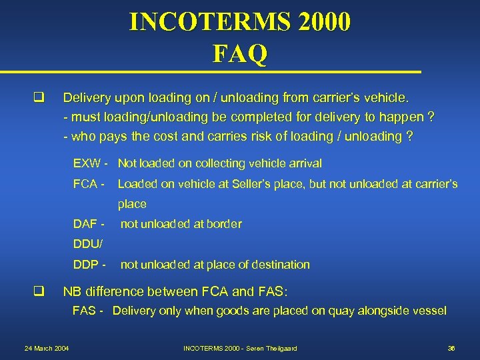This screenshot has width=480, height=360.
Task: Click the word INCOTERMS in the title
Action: [x=206, y=22]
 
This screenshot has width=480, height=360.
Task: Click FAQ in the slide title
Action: [x=240, y=53]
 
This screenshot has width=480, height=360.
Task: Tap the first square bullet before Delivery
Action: [x=38, y=98]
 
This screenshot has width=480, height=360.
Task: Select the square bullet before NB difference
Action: [x=38, y=290]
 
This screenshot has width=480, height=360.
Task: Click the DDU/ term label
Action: [x=87, y=244]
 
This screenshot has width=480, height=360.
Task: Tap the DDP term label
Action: [x=87, y=265]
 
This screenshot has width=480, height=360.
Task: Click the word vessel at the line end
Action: [x=430, y=311]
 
